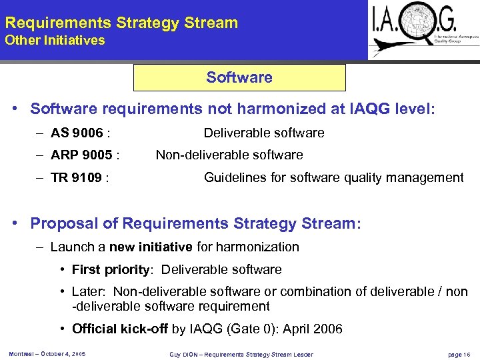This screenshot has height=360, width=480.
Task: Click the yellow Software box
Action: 239,77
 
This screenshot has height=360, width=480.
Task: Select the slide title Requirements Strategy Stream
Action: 121,23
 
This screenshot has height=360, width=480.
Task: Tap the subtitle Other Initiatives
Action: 55,41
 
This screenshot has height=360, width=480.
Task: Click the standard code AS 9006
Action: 77,133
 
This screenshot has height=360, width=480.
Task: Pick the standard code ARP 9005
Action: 82,155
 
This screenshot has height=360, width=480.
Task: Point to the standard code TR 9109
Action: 77,178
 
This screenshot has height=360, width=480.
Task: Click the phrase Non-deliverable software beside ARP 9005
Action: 229,155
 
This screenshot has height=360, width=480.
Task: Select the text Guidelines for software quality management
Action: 333,178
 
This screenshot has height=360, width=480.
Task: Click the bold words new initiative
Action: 151,247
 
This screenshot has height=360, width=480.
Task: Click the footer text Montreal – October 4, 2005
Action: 47,353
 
